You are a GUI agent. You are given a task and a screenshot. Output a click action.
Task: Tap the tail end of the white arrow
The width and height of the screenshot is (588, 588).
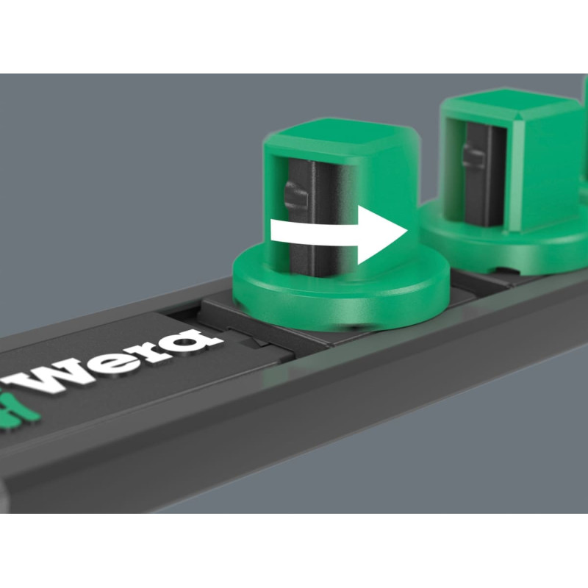click(271, 230)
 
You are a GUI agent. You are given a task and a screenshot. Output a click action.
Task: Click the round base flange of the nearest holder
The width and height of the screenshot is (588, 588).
click(340, 296)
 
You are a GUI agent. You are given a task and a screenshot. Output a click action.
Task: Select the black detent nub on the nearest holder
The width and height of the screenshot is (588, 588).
click(296, 195)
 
